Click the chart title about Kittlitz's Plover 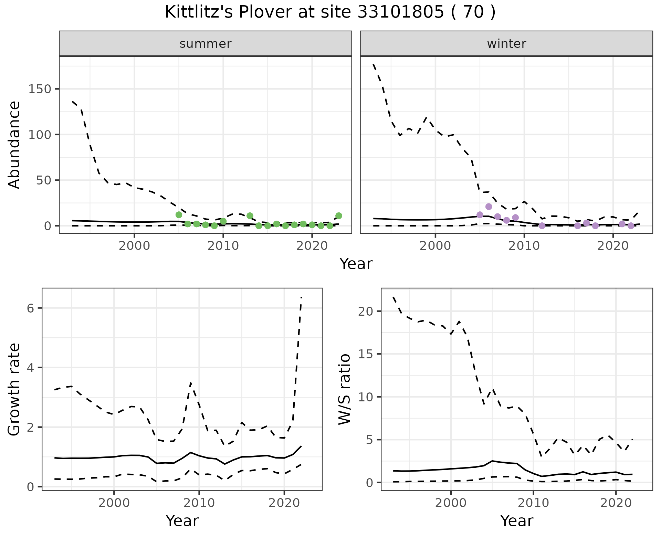pos(330,12)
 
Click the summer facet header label pos(205,44)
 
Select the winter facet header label pos(506,44)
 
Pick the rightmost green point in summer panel pos(338,216)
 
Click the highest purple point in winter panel pos(489,207)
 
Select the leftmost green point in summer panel pos(179,215)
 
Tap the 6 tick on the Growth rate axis pos(30,308)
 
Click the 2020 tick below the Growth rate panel pos(284,503)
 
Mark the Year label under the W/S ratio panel pos(516,521)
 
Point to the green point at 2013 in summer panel pos(250,216)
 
